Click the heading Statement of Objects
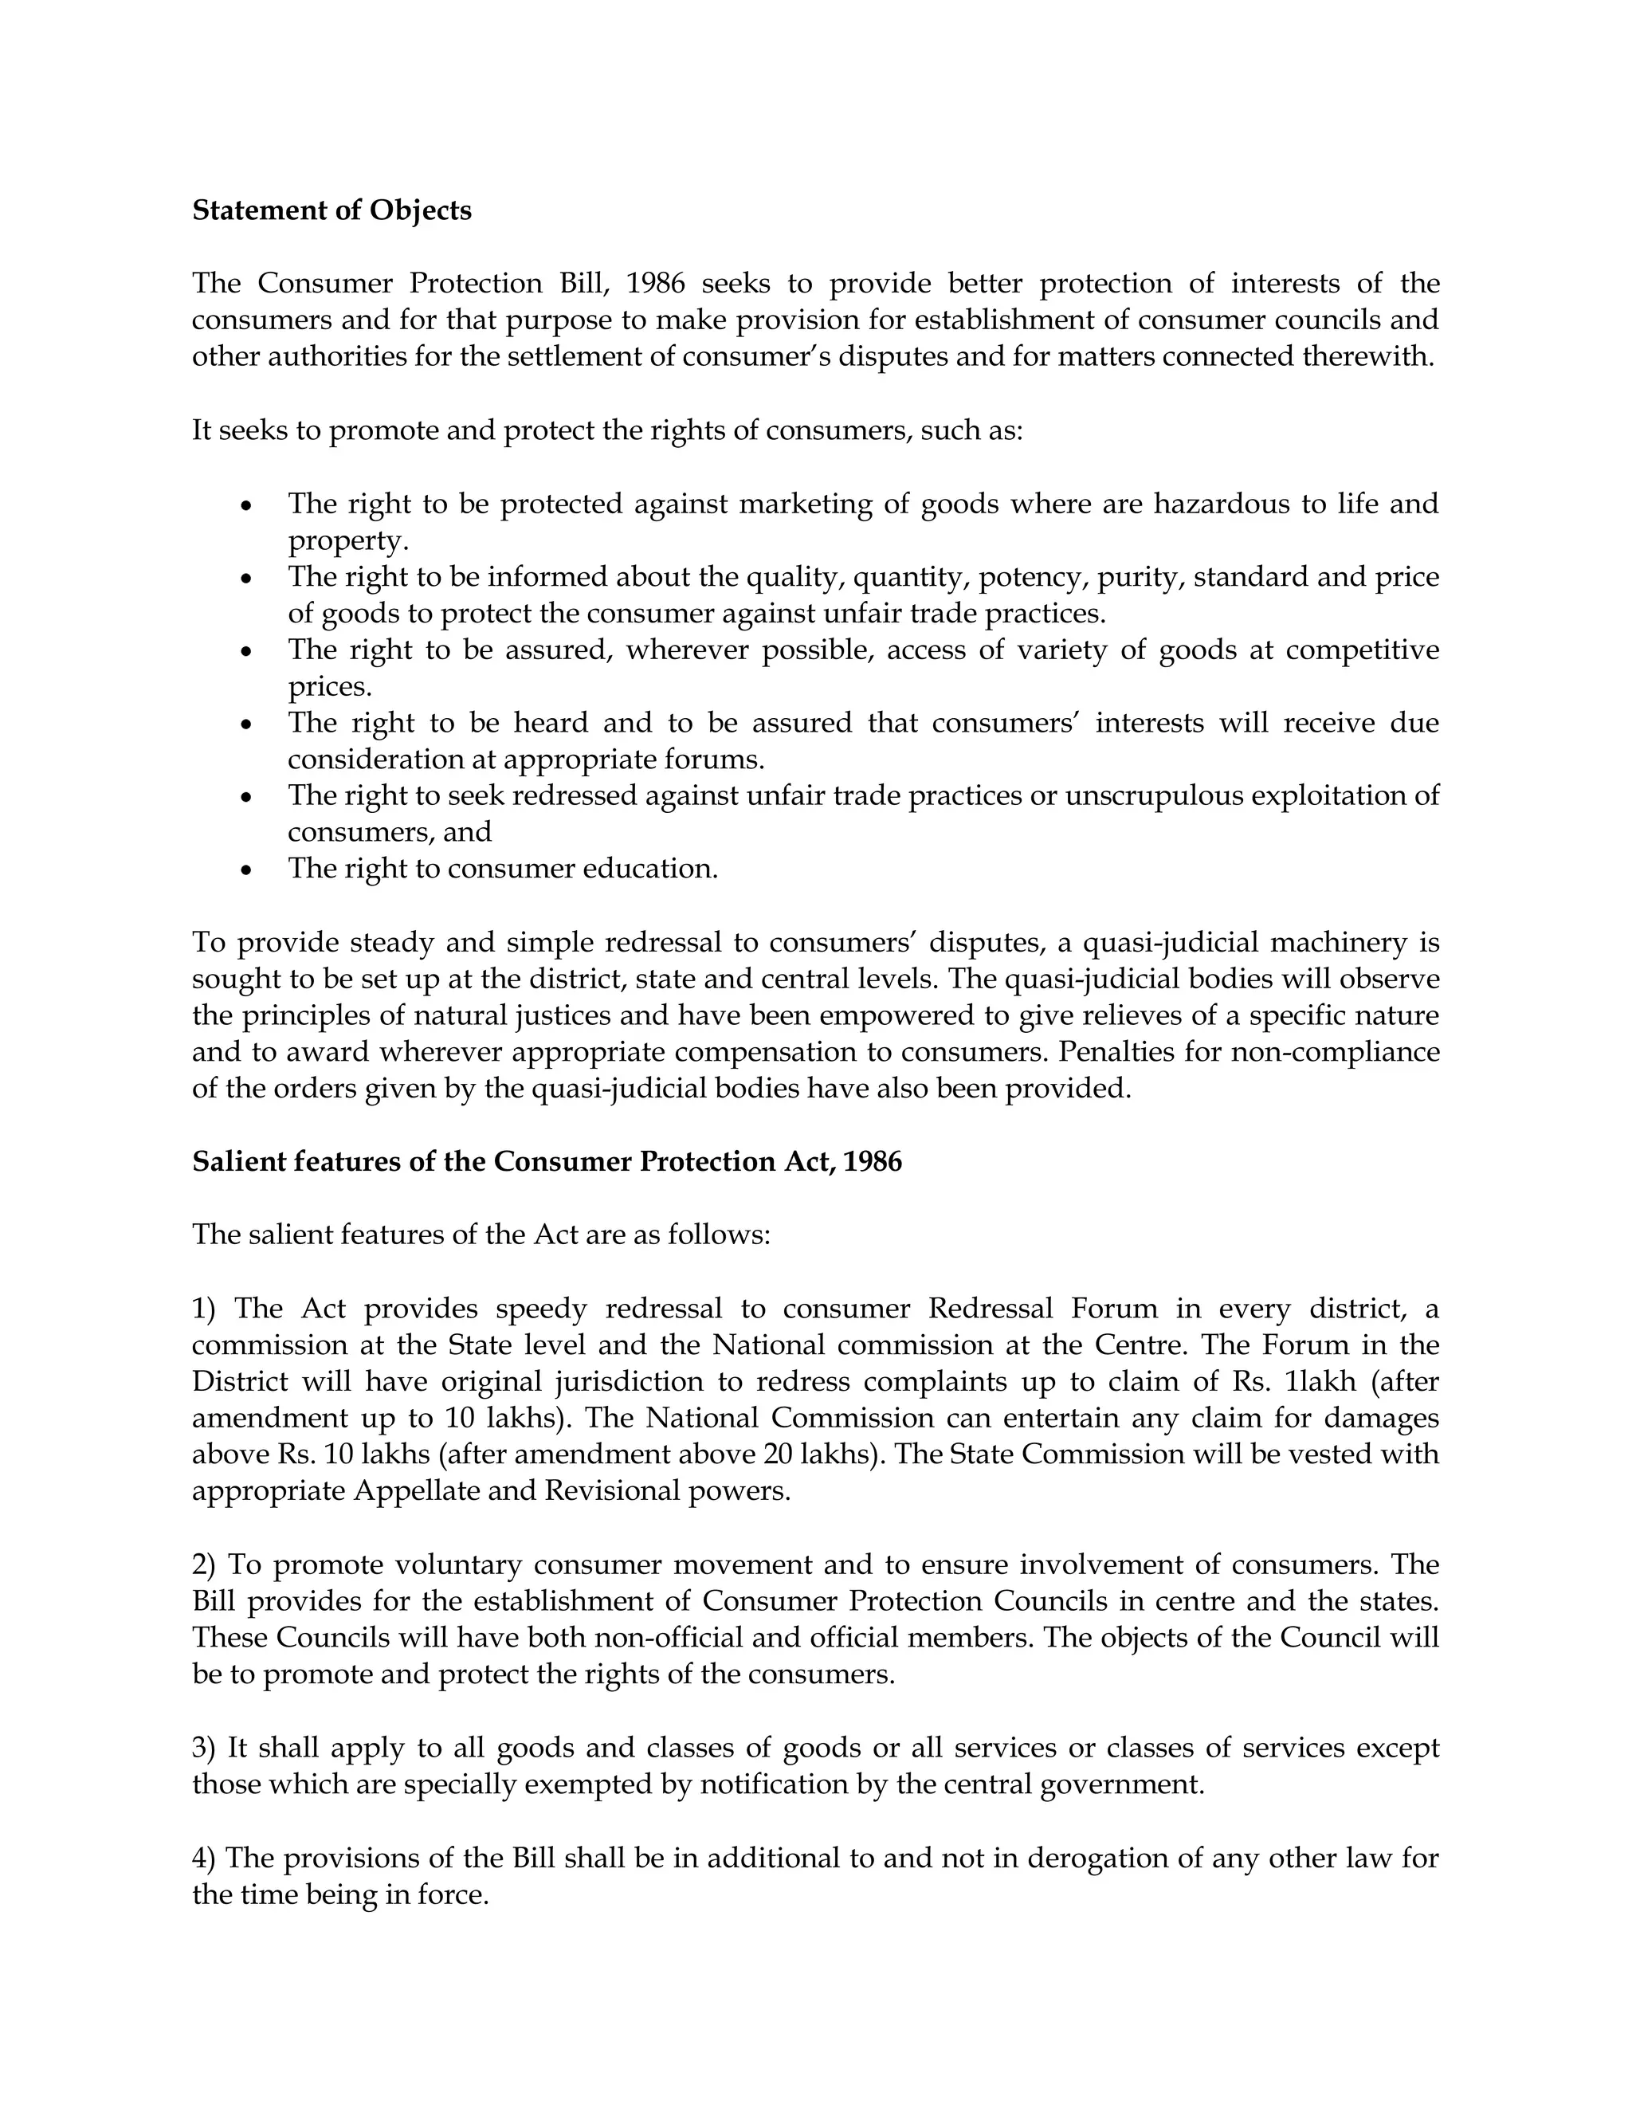(331, 211)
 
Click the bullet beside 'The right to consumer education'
(248, 870)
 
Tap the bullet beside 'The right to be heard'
(248, 724)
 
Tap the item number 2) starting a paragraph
(204, 1564)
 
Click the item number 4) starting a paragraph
(204, 1858)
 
